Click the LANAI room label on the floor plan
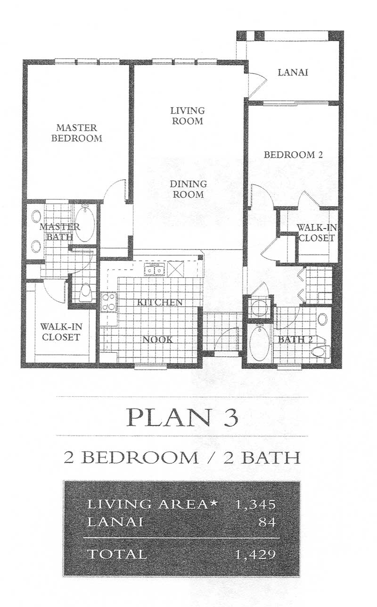tap(293, 72)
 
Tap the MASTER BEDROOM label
tap(76, 133)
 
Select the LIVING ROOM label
tap(188, 116)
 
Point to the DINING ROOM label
tap(188, 189)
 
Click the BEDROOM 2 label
tap(293, 155)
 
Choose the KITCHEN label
tap(160, 302)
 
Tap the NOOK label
tap(157, 340)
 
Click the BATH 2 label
tap(295, 339)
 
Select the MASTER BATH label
tap(60, 232)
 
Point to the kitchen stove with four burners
tap(108, 302)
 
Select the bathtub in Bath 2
tap(259, 343)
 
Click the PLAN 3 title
tap(182, 418)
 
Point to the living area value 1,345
tap(255, 504)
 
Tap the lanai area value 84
tap(267, 522)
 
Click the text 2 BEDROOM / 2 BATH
tap(182, 457)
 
